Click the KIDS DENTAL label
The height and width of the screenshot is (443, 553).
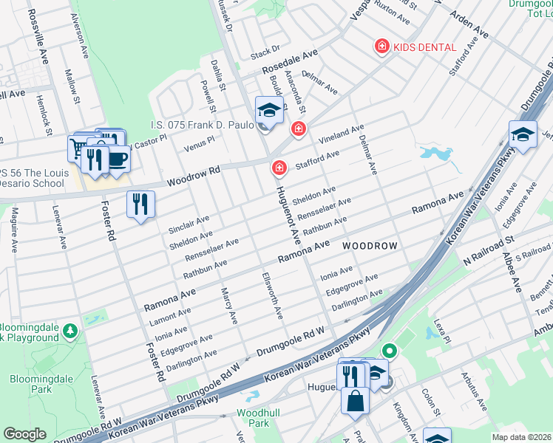pyautogui.click(x=424, y=47)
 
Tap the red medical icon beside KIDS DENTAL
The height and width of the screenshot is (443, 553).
pyautogui.click(x=381, y=47)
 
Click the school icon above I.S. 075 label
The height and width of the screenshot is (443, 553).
pyautogui.click(x=269, y=111)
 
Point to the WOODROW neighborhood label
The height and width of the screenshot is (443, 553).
pyautogui.click(x=370, y=245)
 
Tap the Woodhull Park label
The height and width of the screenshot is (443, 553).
pyautogui.click(x=253, y=418)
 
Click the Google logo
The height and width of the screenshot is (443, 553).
pyautogui.click(x=24, y=433)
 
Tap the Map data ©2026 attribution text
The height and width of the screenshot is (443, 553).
pyautogui.click(x=522, y=437)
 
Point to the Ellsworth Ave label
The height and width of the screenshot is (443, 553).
pyautogui.click(x=272, y=296)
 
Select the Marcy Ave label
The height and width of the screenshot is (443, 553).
pyautogui.click(x=228, y=306)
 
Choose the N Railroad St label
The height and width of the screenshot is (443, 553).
pyautogui.click(x=489, y=251)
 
